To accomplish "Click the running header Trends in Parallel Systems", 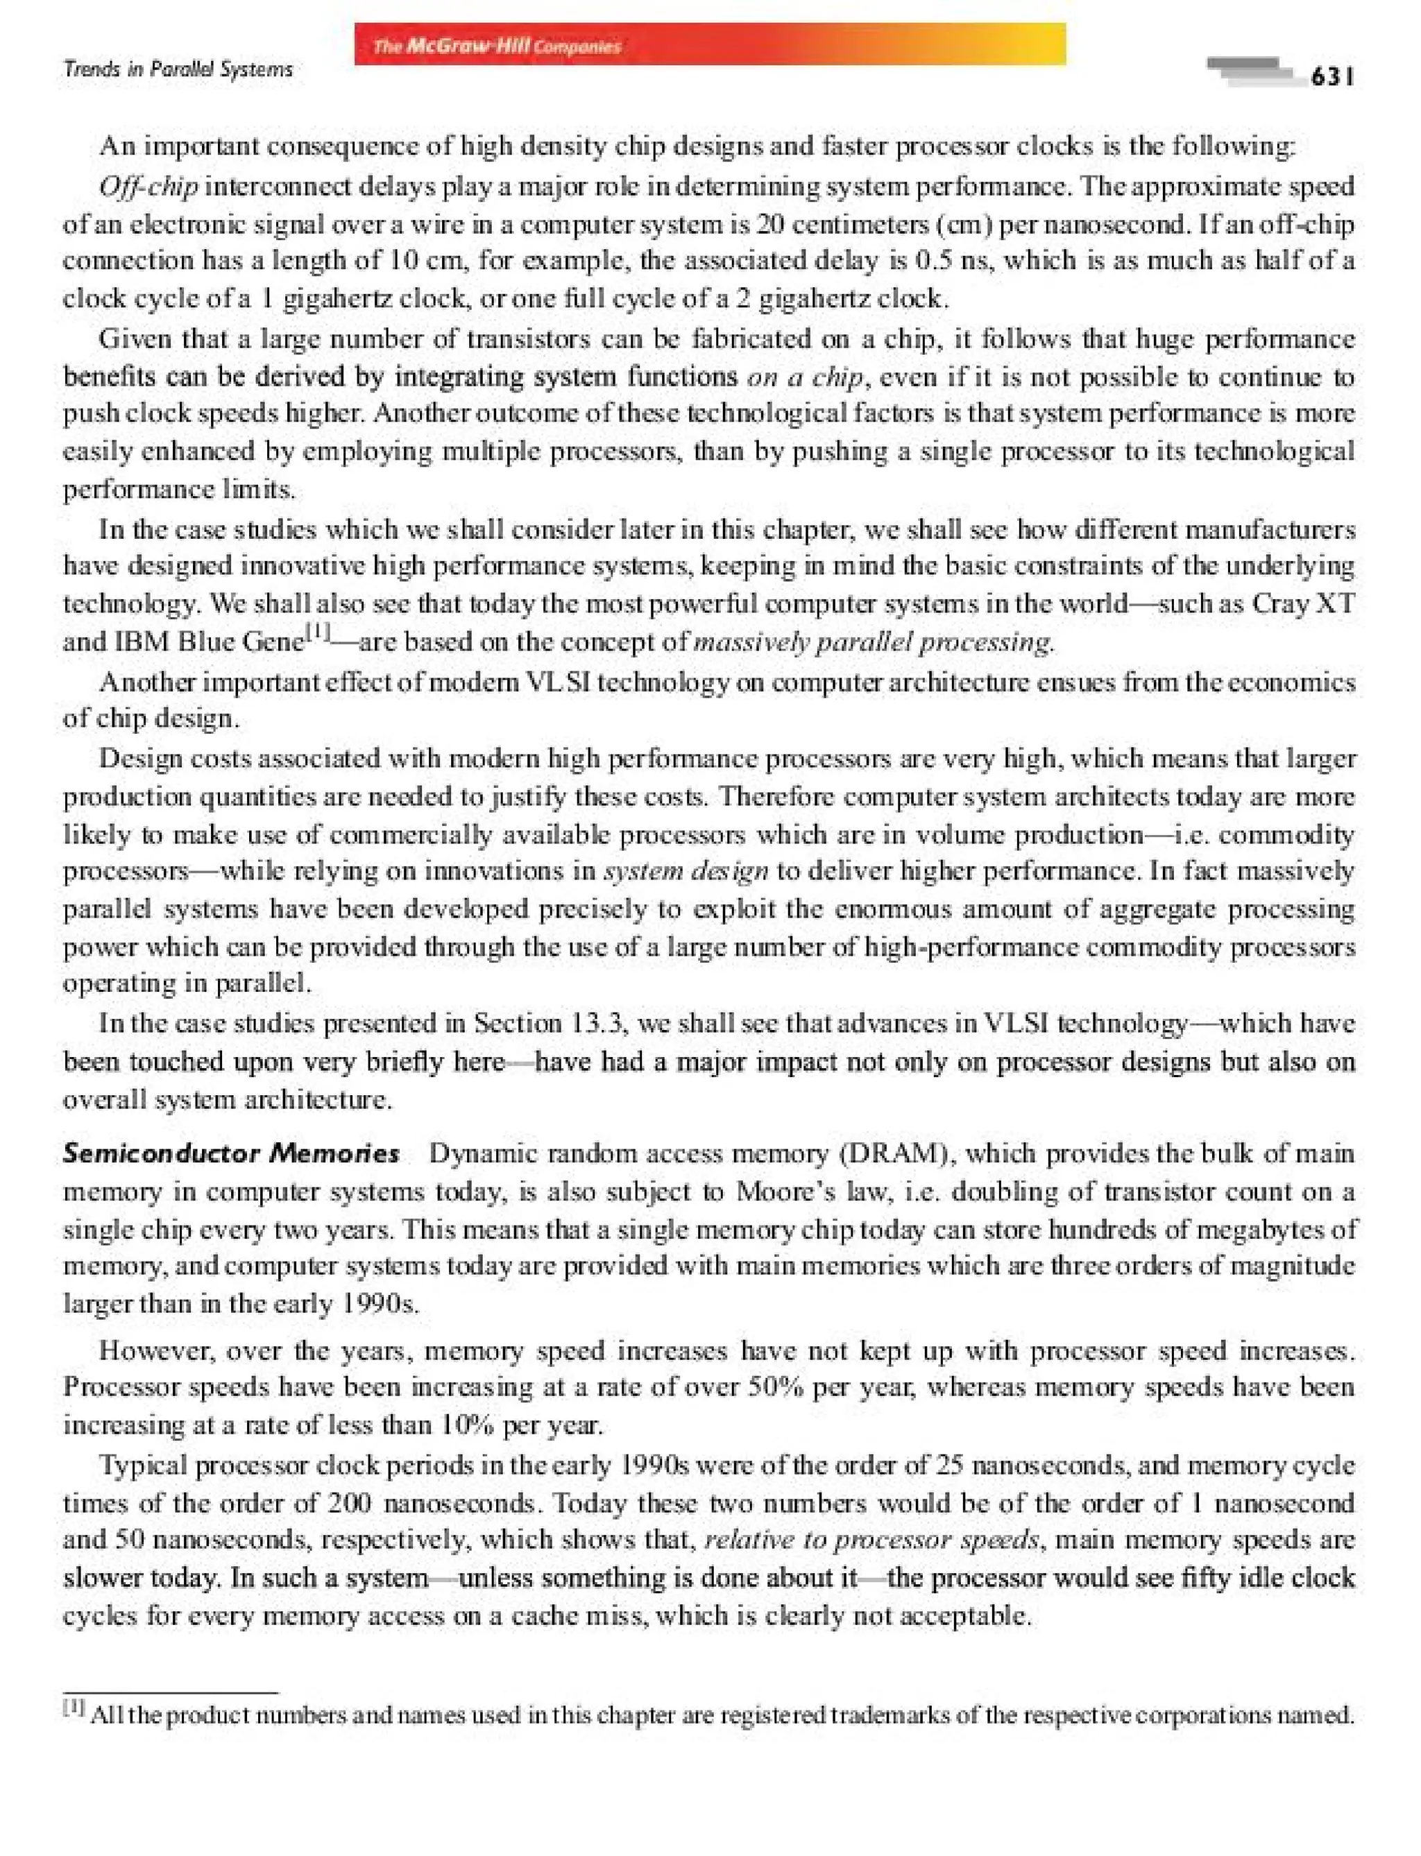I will tap(178, 69).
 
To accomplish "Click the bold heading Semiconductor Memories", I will tap(231, 1153).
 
